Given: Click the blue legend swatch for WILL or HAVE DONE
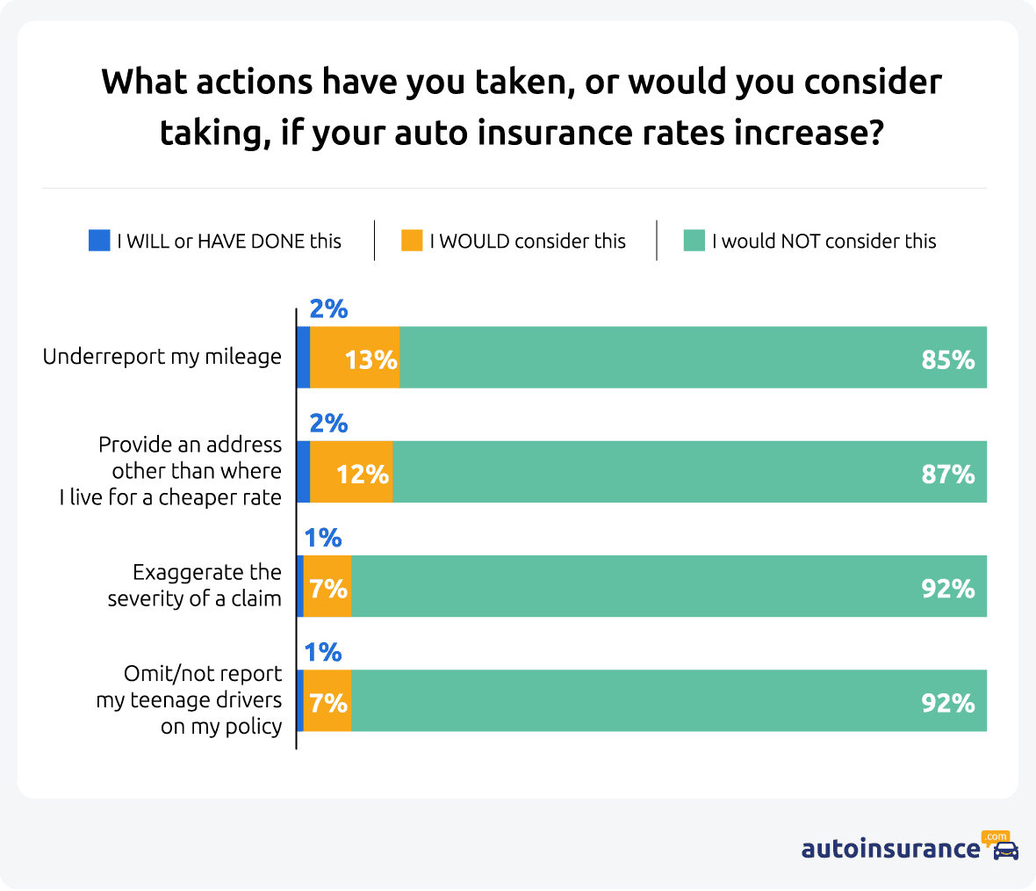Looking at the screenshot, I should pos(99,241).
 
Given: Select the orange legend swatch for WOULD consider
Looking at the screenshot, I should pos(412,241).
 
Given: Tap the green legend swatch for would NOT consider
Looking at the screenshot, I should pos(694,241).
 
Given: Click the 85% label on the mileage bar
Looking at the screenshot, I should pos(947,359).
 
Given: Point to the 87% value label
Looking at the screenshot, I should pos(947,474).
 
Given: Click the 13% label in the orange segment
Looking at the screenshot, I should pos(371,359).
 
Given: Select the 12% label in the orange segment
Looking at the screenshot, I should pos(362,474).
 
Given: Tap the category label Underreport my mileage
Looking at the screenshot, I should pos(162,357).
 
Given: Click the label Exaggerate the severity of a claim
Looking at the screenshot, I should pos(195,585).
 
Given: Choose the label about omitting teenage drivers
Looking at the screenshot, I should pos(190,699).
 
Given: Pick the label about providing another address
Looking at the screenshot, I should pos(171,471).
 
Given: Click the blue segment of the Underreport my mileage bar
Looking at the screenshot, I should pos(304,358).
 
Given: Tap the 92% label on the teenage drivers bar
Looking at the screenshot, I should pos(947,703).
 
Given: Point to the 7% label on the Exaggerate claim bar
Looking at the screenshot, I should pos(328,589).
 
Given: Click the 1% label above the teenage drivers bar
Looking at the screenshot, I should pos(322,652).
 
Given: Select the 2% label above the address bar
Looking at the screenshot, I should pos(328,424).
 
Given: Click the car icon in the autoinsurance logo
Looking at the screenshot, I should pos(1005,850).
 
